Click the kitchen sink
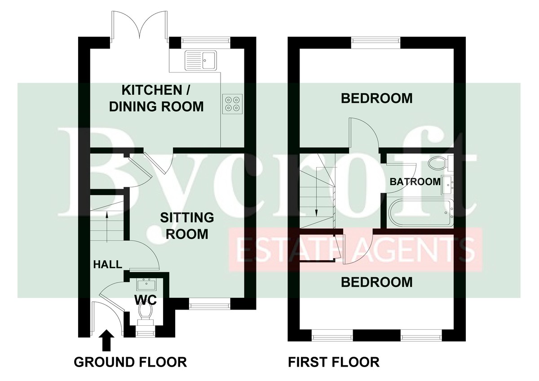[201, 60]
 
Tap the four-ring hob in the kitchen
[233, 103]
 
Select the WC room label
[146, 300]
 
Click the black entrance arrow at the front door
[106, 341]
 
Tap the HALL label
[107, 265]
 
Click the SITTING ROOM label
[187, 226]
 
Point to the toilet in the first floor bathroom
[441, 163]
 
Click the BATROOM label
[415, 182]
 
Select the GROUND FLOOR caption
[130, 362]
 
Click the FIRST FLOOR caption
[334, 362]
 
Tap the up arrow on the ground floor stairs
[107, 226]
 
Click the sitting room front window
[209, 306]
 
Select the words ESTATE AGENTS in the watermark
[356, 250]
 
